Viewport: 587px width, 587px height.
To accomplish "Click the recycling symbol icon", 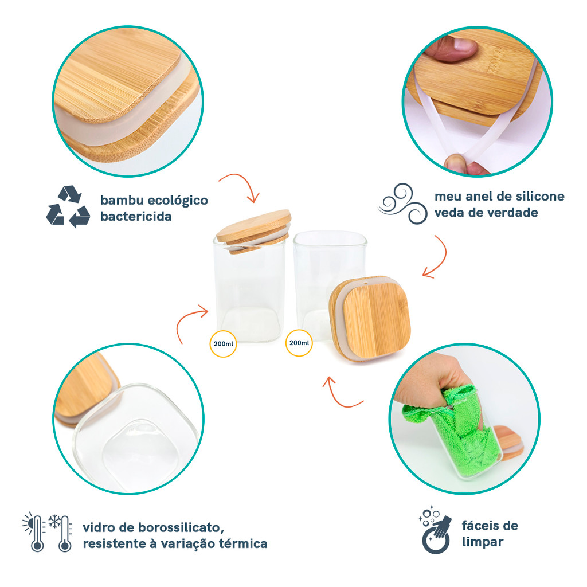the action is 68,206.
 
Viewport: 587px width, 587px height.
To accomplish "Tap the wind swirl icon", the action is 403,204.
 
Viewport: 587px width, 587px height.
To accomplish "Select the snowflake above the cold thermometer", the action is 55,521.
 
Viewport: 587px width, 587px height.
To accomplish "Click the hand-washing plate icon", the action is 436,529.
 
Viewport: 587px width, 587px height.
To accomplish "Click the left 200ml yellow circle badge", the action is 223,344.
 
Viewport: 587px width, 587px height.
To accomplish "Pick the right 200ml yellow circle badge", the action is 299,343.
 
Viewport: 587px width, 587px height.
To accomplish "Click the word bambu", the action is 122,200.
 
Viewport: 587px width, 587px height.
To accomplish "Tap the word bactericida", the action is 136,216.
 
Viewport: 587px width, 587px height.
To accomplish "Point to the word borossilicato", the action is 181,527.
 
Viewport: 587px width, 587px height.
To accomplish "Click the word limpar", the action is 483,542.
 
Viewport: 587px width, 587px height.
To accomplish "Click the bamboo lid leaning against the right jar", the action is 370,318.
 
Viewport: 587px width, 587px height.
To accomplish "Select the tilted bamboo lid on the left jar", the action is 254,230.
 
